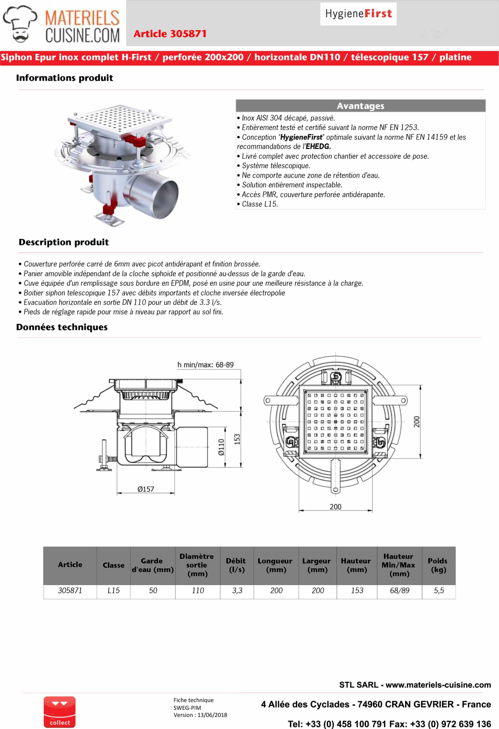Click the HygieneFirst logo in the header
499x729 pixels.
click(358, 14)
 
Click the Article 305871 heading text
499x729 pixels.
click(170, 34)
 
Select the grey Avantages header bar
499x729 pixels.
click(360, 106)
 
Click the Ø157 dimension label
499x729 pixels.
click(146, 489)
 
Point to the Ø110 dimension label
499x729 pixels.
click(221, 447)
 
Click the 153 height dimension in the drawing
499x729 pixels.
click(237, 439)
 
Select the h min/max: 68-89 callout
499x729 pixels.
click(205, 365)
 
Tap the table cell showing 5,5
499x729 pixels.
click(438, 590)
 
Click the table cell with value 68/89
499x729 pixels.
click(399, 590)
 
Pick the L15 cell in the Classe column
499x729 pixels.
click(114, 590)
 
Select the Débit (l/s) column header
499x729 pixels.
click(237, 565)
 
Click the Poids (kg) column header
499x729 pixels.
click(438, 565)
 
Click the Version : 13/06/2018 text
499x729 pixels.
click(200, 715)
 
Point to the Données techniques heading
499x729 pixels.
click(62, 327)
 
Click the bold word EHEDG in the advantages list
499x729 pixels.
click(318, 146)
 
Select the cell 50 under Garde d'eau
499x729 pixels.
click(153, 590)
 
